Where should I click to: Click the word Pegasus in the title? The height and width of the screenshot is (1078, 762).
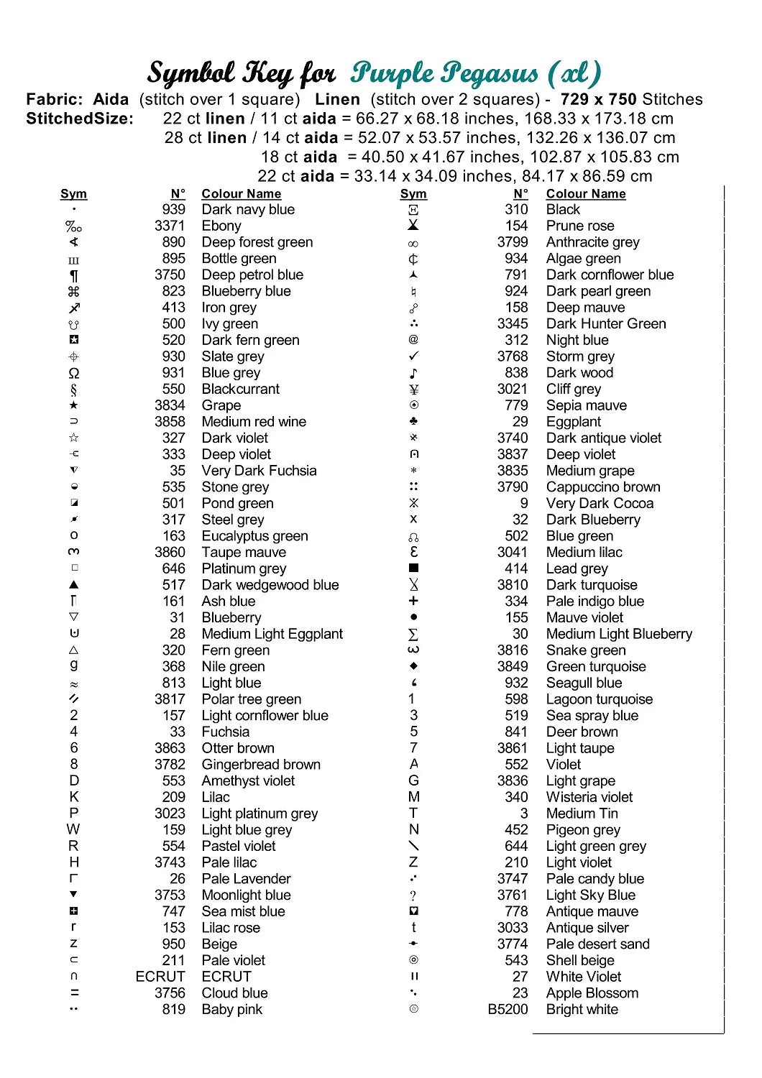click(x=490, y=73)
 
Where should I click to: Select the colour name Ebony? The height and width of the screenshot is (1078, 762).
click(x=221, y=226)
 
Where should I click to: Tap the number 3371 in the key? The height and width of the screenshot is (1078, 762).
click(x=170, y=226)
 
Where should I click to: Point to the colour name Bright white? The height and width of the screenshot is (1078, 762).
click(x=582, y=1009)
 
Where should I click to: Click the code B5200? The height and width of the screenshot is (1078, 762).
click(x=508, y=1009)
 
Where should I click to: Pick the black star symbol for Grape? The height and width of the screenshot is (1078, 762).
click(x=74, y=405)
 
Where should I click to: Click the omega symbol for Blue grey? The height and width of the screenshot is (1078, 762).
click(x=74, y=373)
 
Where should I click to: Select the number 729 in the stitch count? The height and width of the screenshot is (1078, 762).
click(x=574, y=99)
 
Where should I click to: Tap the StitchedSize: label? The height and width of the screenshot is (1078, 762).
click(x=80, y=119)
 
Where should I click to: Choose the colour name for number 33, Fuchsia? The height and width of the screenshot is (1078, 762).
click(x=226, y=732)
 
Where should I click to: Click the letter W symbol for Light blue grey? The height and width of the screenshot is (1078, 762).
click(x=73, y=829)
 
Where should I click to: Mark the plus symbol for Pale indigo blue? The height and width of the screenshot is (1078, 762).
click(x=413, y=601)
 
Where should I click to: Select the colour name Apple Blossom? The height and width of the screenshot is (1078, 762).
click(x=592, y=992)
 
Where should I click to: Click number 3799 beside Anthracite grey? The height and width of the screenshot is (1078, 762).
click(x=513, y=242)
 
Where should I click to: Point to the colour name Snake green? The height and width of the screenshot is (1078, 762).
click(x=586, y=650)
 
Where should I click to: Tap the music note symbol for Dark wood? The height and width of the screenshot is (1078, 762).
click(x=413, y=373)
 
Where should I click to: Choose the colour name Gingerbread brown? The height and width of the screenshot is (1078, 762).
click(x=261, y=764)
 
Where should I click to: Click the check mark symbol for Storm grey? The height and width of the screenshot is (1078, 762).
click(x=413, y=356)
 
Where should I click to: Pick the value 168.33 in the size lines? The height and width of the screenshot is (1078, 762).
click(x=546, y=119)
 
